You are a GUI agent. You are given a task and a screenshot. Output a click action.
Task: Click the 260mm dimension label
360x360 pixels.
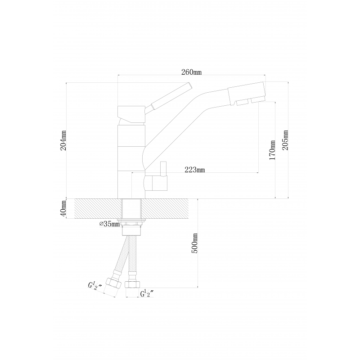tap(191, 72)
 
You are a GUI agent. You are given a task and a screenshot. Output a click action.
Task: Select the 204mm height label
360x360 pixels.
tap(63, 140)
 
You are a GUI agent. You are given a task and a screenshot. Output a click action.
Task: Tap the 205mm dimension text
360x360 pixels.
tap(285, 140)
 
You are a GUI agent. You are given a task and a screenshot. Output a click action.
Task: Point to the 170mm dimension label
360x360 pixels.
tap(272, 150)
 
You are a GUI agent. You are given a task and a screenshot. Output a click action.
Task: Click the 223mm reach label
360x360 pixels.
tap(195, 170)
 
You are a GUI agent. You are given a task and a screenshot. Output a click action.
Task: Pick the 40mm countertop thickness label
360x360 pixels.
tap(63, 208)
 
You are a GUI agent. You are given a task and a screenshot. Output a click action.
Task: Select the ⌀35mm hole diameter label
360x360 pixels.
tap(109, 224)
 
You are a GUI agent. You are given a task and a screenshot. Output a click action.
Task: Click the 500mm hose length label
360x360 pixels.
tap(194, 243)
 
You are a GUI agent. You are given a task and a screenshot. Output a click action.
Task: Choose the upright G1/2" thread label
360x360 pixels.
tap(147, 293)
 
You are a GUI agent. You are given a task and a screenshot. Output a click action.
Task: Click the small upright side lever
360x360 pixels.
tap(163, 169)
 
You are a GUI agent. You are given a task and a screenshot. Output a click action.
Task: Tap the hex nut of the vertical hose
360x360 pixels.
tap(132, 285)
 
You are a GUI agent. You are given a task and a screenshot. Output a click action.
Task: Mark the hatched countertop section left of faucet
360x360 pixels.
tap(98, 208)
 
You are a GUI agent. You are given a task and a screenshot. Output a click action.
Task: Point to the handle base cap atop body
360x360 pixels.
tap(131, 115)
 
